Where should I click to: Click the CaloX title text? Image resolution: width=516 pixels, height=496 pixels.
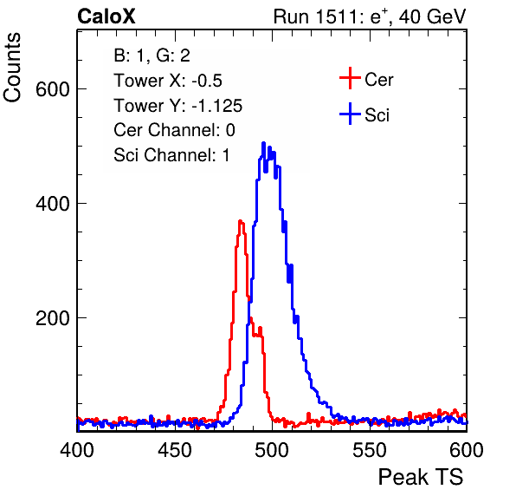(106, 16)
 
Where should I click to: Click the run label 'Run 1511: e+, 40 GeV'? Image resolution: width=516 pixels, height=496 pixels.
(370, 16)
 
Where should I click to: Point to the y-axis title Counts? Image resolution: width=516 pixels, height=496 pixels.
(12, 68)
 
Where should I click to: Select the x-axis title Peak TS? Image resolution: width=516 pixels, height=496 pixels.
(421, 477)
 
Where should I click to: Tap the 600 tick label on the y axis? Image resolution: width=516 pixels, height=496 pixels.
(53, 89)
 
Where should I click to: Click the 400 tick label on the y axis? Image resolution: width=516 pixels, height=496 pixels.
(53, 204)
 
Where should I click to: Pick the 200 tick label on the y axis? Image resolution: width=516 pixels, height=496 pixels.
(53, 318)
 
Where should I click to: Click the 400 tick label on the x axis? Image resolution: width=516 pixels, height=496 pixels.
(77, 450)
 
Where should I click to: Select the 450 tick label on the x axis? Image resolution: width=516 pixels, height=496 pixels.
(174, 450)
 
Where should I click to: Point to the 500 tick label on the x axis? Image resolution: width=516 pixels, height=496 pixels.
(272, 450)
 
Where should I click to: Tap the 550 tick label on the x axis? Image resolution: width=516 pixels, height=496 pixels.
(369, 450)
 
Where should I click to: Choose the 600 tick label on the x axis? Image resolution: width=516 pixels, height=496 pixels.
(466, 450)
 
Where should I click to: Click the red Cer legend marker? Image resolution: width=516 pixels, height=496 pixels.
(350, 78)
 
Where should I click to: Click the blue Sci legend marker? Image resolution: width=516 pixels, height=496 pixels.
(350, 114)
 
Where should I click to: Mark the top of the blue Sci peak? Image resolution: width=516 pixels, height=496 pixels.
(263, 143)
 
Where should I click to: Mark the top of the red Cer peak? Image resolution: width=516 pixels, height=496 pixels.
(241, 221)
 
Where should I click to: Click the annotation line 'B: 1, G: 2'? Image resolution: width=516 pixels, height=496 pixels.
(152, 55)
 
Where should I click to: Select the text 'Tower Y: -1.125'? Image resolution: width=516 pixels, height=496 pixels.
(178, 106)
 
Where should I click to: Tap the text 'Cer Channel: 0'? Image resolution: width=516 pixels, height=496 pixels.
(174, 130)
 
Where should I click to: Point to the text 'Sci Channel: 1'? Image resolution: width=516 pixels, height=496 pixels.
(171, 155)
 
